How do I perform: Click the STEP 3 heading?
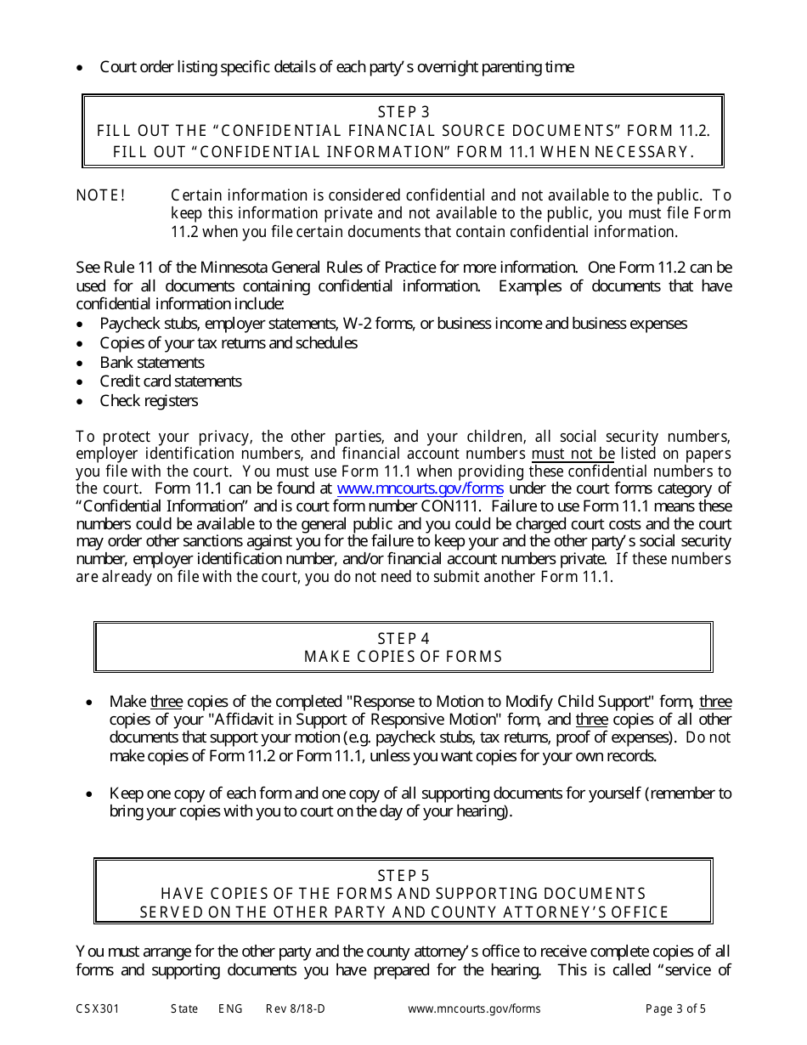pyautogui.click(x=403, y=112)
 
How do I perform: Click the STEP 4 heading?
pyautogui.click(x=403, y=638)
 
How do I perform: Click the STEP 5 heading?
pyautogui.click(x=403, y=875)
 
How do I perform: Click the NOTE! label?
pyautogui.click(x=100, y=195)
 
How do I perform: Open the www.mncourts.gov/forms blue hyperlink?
pyautogui.click(x=420, y=489)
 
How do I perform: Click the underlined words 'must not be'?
pyautogui.click(x=573, y=454)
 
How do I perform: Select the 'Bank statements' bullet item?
pyautogui.click(x=152, y=362)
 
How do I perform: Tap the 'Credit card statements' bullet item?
pyautogui.click(x=171, y=381)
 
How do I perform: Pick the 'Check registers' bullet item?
pyautogui.click(x=149, y=401)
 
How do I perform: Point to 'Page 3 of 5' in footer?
pyautogui.click(x=675, y=1009)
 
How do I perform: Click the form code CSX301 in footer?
pyautogui.click(x=97, y=1009)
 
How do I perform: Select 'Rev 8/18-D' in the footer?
pyautogui.click(x=295, y=1009)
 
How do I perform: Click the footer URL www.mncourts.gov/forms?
pyautogui.click(x=474, y=1009)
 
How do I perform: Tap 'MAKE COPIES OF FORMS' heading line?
pyautogui.click(x=403, y=657)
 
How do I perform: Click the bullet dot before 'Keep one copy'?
pyautogui.click(x=90, y=794)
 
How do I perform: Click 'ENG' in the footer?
pyautogui.click(x=230, y=1009)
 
